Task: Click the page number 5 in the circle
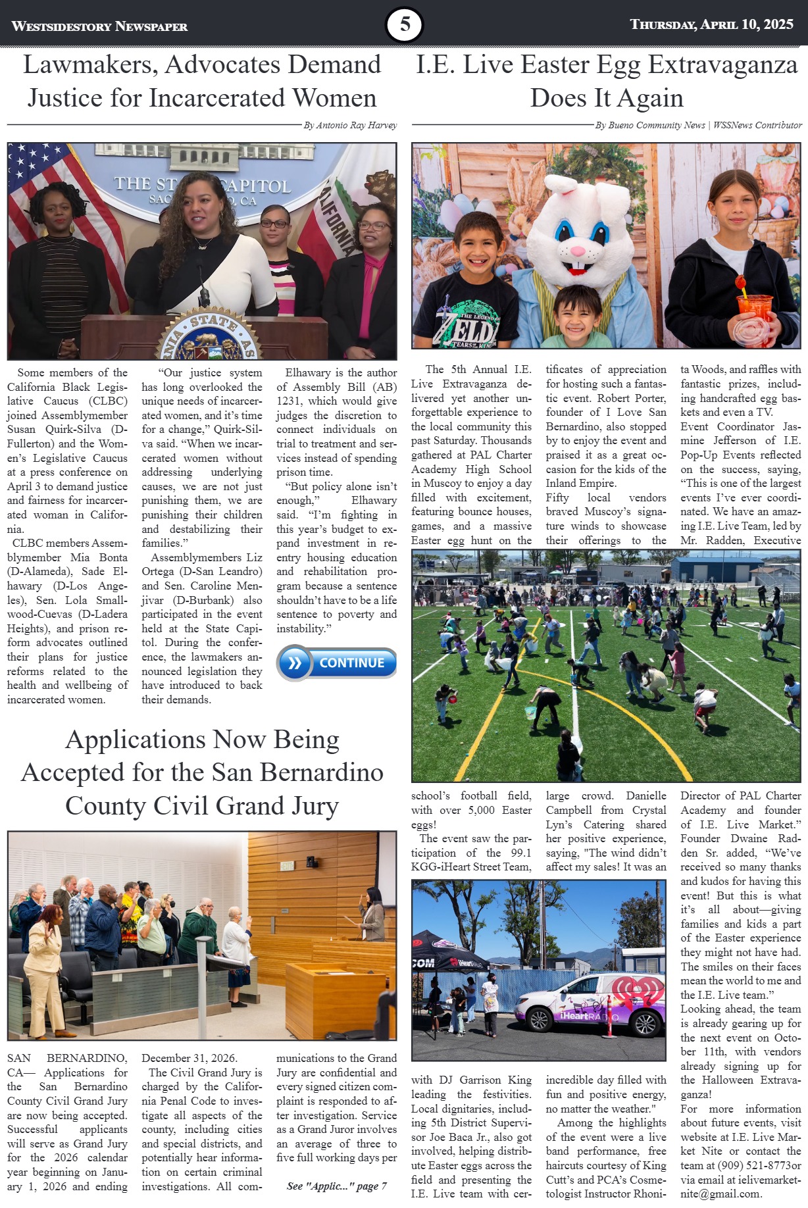(404, 25)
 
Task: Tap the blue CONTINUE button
(337, 663)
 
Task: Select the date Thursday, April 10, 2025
(711, 24)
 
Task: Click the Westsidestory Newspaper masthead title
(99, 26)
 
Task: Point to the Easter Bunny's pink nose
(576, 251)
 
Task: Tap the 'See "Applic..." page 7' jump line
(336, 1186)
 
